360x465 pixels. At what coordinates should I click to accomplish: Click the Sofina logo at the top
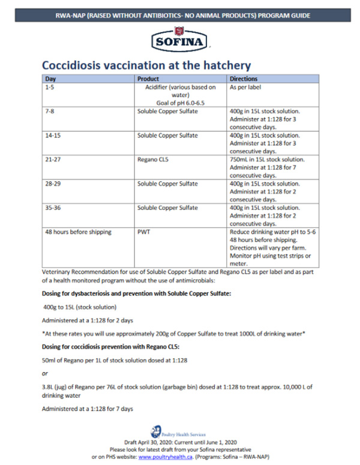click(180, 41)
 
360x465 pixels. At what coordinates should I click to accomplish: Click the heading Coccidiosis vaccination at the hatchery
click(146, 65)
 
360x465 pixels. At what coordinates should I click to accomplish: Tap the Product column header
click(148, 79)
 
